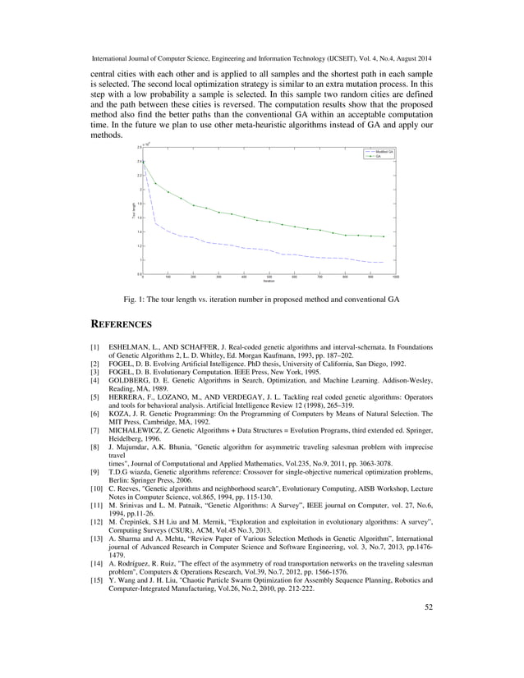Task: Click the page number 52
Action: point(427,653)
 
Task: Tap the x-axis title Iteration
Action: point(269,282)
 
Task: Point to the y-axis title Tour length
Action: point(132,210)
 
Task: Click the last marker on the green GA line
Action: point(383,236)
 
